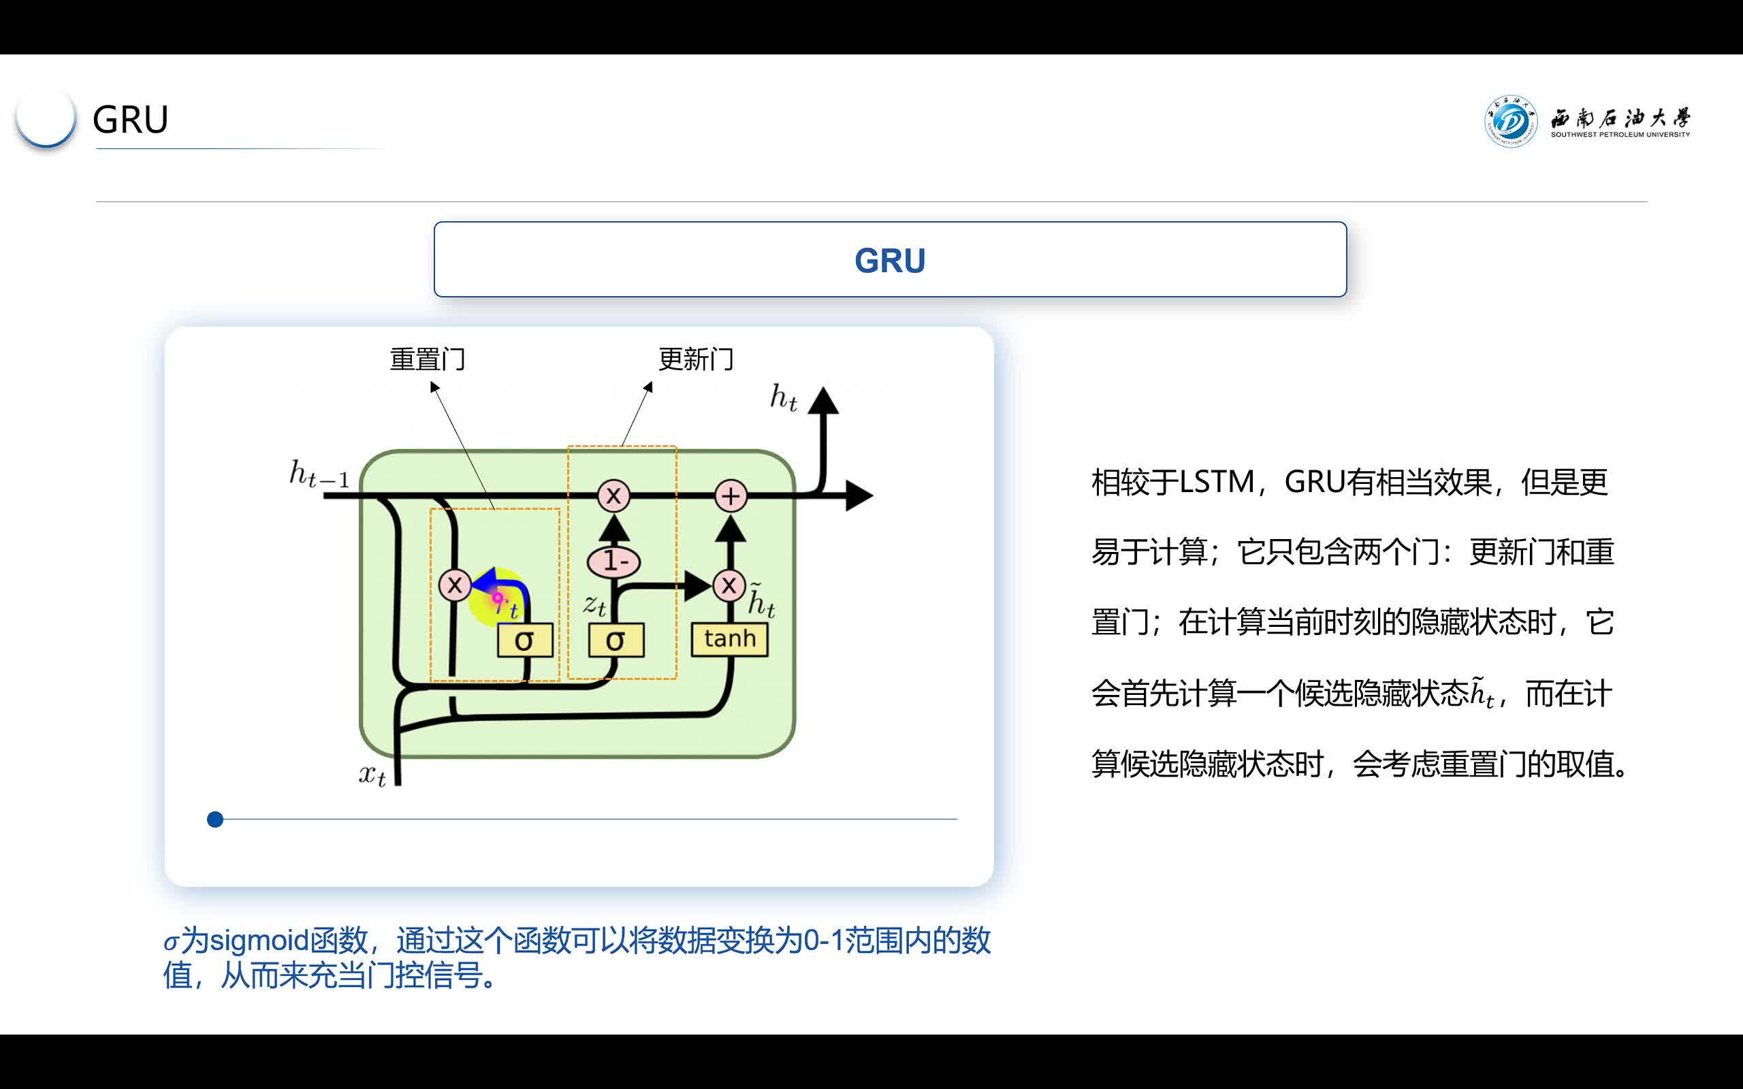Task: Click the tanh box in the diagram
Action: point(729,640)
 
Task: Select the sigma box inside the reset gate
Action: point(525,640)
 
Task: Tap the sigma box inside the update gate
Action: point(615,640)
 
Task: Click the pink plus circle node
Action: point(731,496)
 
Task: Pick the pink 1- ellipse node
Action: point(613,561)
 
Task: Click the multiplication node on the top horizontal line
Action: point(613,495)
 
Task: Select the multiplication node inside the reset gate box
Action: point(455,585)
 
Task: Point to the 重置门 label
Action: point(427,359)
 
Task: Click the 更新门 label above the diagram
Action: point(696,359)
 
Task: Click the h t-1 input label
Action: point(319,474)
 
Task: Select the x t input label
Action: point(372,776)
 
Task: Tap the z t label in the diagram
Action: point(594,605)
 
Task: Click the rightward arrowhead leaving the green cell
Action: point(859,495)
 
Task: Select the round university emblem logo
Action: point(1510,121)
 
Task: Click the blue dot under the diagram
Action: point(214,819)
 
